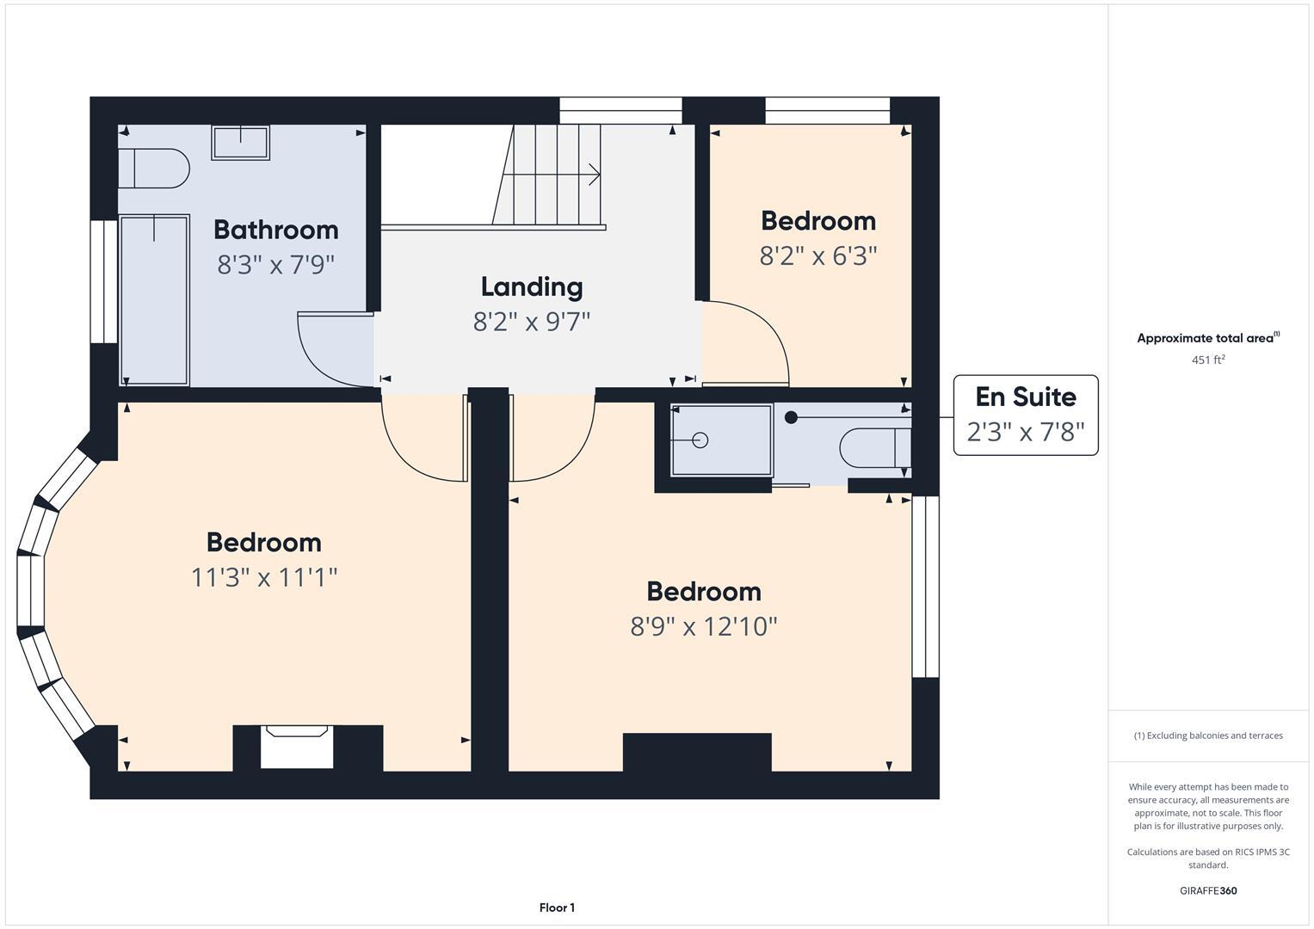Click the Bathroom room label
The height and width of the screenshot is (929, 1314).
[275, 230]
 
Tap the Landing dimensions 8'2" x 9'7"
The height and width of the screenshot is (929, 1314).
[532, 322]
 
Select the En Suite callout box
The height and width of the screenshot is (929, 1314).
[1025, 415]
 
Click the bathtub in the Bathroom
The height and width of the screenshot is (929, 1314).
[154, 299]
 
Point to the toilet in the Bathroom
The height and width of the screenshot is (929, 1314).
[155, 169]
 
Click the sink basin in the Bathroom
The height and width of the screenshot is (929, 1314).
[241, 142]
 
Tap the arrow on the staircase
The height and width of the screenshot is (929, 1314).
[592, 175]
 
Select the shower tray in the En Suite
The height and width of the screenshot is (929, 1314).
[721, 440]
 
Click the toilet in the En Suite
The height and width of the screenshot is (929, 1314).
[874, 447]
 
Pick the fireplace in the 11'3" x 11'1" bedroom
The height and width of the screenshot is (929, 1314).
[297, 747]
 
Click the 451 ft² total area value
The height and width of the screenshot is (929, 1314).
[1207, 360]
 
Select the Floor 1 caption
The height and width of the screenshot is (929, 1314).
[557, 907]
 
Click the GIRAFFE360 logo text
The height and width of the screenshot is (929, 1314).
[1207, 890]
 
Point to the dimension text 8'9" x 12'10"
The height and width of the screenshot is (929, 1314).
[703, 627]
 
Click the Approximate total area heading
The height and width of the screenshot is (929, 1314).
[1207, 338]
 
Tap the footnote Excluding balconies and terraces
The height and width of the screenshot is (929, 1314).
[1207, 735]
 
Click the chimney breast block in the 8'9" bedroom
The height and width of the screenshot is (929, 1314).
[696, 752]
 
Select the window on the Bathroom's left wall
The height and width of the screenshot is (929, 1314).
[104, 281]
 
